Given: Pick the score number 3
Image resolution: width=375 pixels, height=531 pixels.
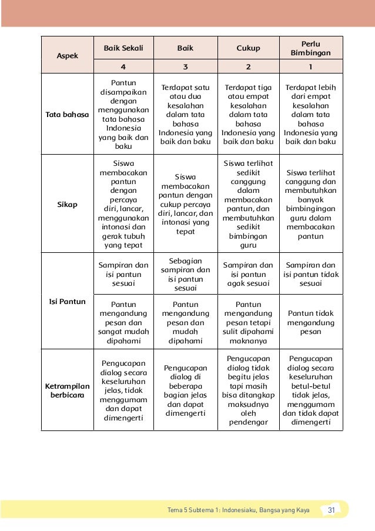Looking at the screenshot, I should click(x=185, y=66).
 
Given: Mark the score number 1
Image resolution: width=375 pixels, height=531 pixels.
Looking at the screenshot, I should click(x=311, y=66).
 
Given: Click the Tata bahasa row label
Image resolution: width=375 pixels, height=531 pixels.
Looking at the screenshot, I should click(x=67, y=115).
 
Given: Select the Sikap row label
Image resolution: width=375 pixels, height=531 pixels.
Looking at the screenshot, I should click(x=67, y=204).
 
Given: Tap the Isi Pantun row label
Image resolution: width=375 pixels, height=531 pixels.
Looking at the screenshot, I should click(x=67, y=302).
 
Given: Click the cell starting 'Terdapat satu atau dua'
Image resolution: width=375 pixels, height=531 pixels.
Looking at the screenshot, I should click(x=185, y=115).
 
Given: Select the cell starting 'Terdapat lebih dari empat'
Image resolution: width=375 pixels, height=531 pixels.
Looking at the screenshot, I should click(x=311, y=115).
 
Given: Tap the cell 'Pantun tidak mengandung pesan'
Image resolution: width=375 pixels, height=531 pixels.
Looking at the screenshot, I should click(x=311, y=322).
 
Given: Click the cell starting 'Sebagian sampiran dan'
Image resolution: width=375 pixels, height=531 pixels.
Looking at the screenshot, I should click(x=185, y=274).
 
